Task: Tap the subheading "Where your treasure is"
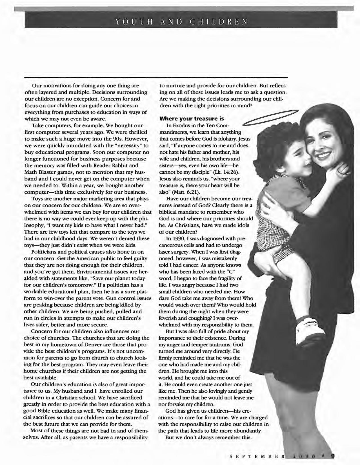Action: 192,119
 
